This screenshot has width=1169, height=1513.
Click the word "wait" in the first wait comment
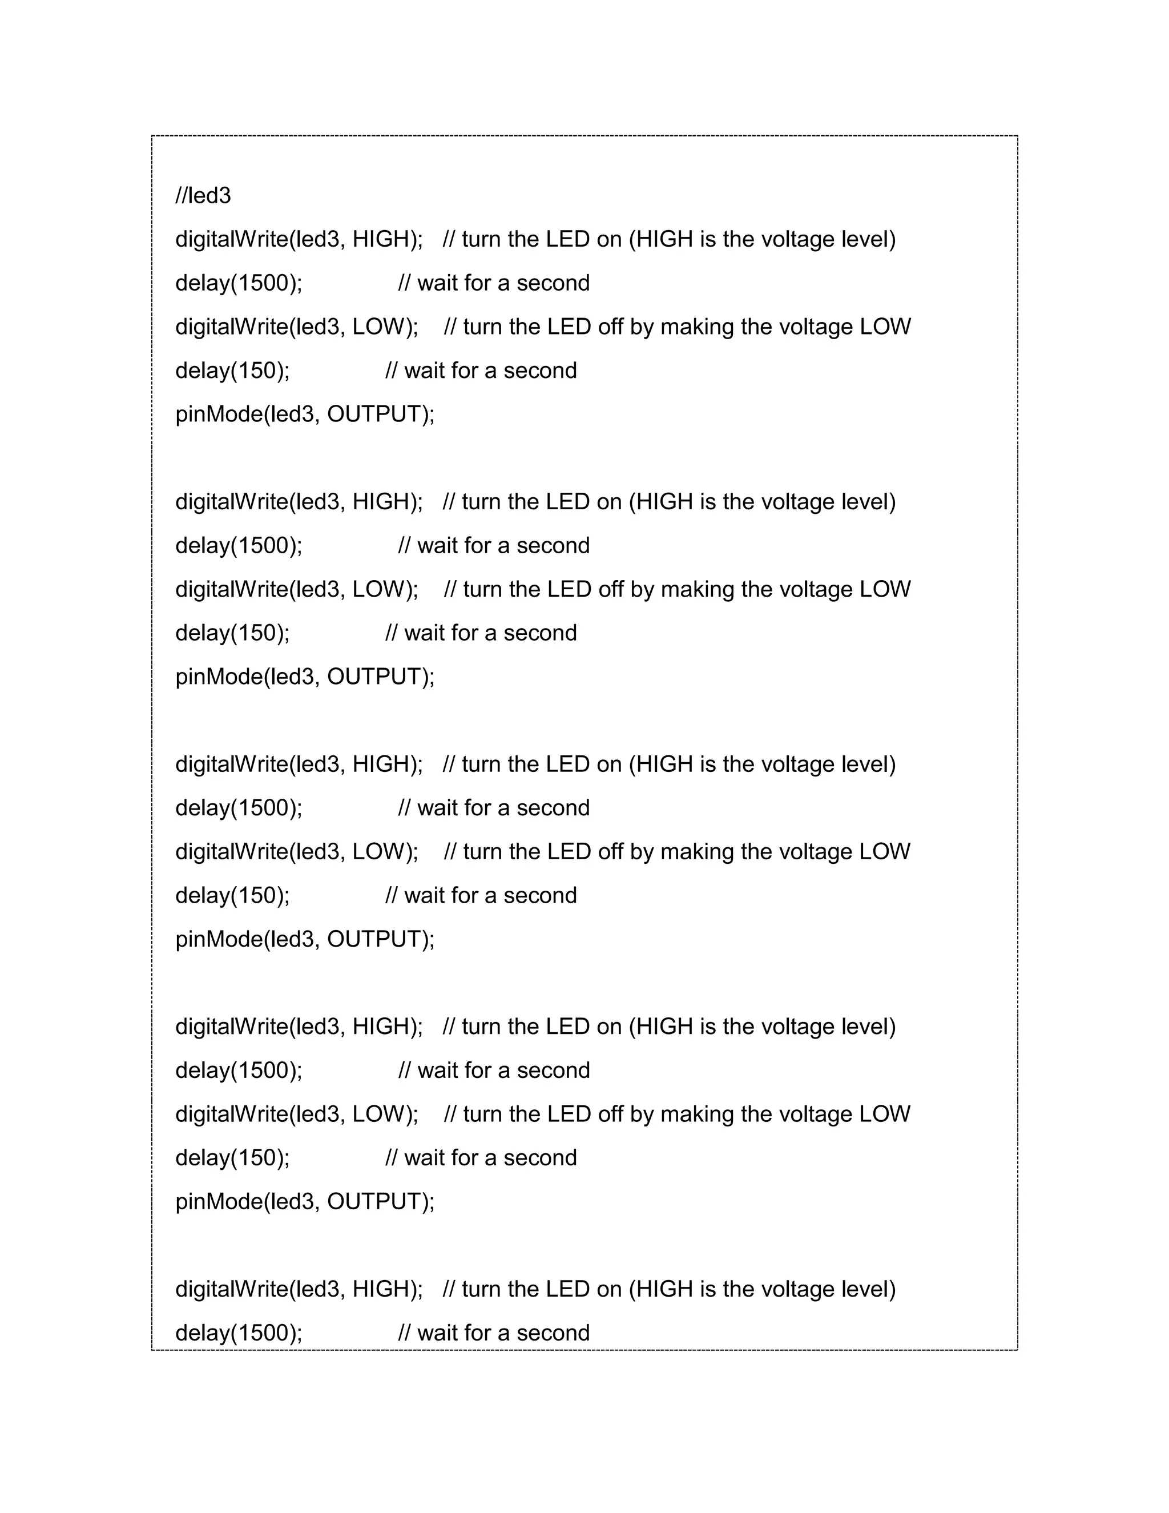coord(438,283)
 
